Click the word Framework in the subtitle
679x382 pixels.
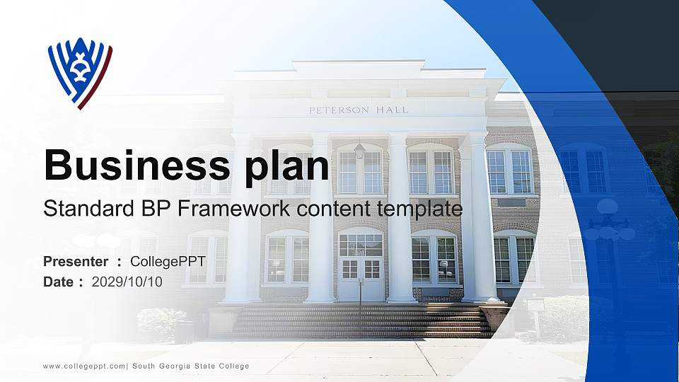tap(231, 209)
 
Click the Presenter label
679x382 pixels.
tap(76, 262)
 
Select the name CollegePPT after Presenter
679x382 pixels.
tap(168, 262)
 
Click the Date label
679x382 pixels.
tap(59, 282)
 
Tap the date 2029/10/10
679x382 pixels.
tap(127, 282)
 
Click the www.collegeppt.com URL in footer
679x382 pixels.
tap(84, 366)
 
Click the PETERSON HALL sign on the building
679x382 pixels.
tap(359, 110)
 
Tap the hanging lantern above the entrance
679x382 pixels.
tap(360, 149)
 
